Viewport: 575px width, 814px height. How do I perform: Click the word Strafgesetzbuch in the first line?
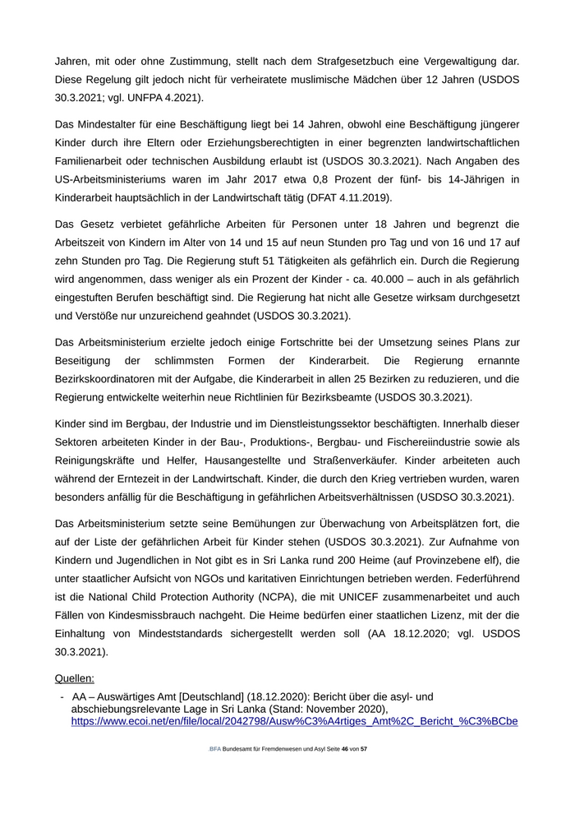(338, 60)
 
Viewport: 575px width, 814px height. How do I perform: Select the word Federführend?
(482, 580)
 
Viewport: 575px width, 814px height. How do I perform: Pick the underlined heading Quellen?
(75, 678)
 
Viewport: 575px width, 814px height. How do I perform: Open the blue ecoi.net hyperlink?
(294, 721)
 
